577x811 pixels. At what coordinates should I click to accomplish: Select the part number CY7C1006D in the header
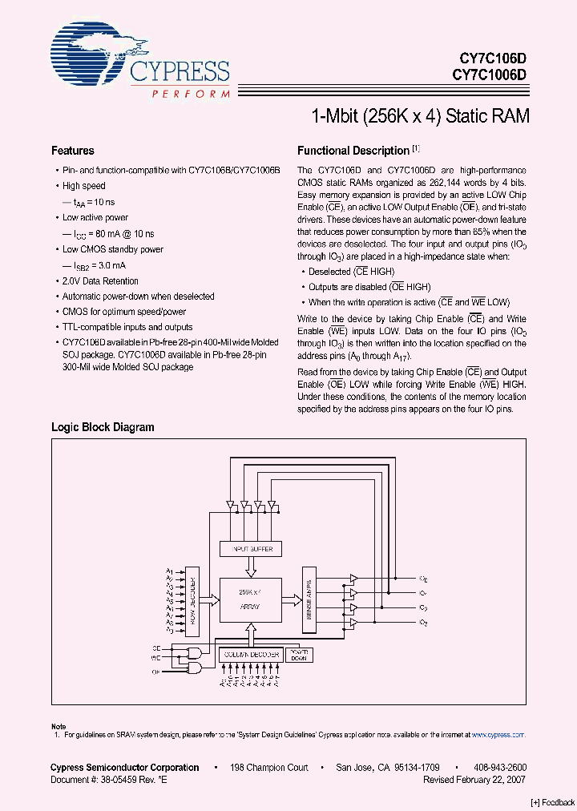489,75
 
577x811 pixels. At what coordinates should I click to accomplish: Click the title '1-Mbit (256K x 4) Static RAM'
420,116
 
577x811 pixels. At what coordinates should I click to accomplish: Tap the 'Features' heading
72,151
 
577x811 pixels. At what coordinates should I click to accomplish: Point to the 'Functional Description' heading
353,151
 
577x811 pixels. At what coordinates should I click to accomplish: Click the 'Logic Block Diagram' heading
103,427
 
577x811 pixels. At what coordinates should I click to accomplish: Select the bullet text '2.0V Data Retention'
100,281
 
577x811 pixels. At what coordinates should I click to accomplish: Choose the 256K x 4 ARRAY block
249,599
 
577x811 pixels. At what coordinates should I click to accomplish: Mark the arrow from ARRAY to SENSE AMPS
292,599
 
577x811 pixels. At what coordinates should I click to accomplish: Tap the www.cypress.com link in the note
498,734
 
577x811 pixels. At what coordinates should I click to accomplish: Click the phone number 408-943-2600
499,768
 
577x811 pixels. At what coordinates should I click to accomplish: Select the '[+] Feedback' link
552,802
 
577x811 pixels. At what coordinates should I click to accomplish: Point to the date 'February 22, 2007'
490,779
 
